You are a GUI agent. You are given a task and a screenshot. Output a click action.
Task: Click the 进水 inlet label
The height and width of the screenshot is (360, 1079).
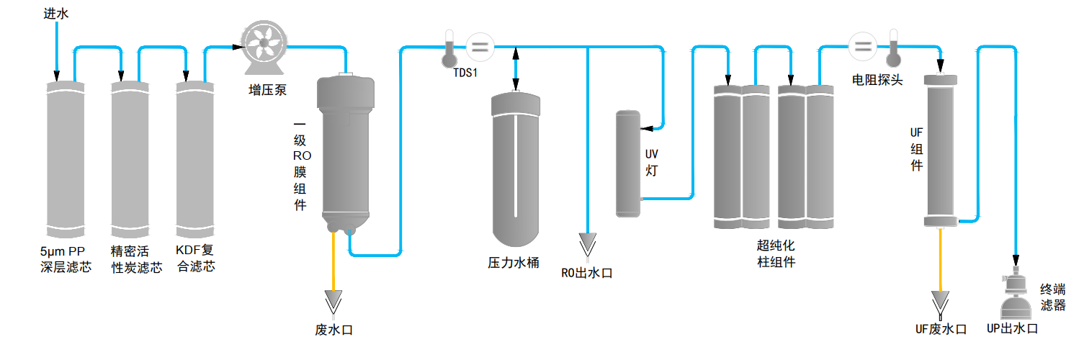point(55,14)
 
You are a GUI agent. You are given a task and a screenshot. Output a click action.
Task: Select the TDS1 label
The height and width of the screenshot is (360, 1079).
point(465,73)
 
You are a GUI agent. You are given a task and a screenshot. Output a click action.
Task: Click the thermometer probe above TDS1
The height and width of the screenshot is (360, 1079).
point(449,47)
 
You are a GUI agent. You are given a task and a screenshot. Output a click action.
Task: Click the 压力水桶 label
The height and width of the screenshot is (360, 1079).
point(514,263)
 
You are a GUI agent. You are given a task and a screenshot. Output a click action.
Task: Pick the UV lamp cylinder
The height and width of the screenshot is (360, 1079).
point(628,163)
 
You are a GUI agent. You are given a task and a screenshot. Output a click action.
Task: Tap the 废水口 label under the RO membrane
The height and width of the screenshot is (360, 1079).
point(334,330)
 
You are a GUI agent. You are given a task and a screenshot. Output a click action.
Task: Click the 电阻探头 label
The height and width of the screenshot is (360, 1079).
point(877,80)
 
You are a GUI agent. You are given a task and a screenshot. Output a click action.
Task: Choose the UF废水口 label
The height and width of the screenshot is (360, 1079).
point(941,329)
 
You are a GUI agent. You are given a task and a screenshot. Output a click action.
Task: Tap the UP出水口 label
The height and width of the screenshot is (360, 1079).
point(1012,329)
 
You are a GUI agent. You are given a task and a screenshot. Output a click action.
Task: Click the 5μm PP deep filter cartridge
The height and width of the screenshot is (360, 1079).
point(66,158)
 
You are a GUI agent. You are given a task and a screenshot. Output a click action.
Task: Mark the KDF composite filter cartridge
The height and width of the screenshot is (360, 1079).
point(195,158)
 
